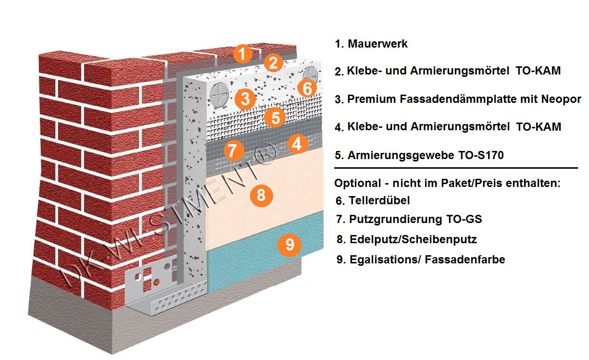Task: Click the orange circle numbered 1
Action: [x=243, y=53]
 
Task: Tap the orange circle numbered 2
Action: [x=273, y=62]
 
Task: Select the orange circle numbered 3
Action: [x=245, y=99]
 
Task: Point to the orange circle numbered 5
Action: [x=275, y=117]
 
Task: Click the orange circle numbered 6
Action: [x=308, y=88]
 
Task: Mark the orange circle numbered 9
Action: [x=289, y=245]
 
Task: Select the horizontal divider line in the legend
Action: [x=456, y=168]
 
